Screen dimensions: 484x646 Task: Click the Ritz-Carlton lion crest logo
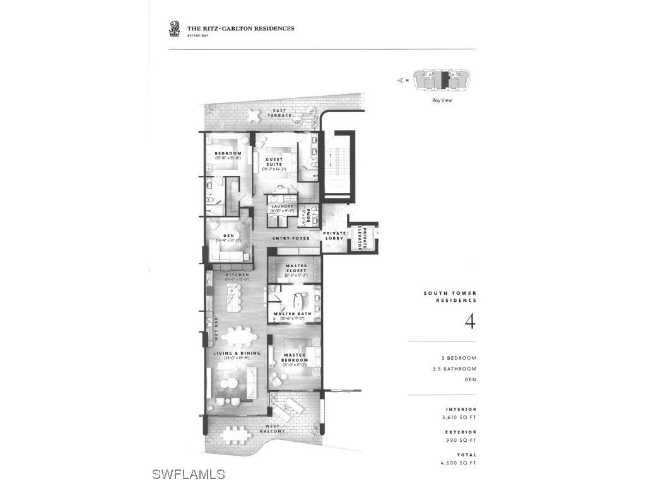175,28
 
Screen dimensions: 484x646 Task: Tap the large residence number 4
469,321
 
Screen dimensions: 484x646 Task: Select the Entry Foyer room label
291,239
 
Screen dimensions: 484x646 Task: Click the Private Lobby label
334,235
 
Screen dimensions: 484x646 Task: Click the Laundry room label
282,206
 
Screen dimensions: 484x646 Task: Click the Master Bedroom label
295,357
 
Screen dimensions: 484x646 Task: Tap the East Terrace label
280,113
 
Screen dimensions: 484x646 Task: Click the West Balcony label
274,429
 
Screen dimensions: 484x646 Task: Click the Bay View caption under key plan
442,100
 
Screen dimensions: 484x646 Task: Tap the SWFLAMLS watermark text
189,473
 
